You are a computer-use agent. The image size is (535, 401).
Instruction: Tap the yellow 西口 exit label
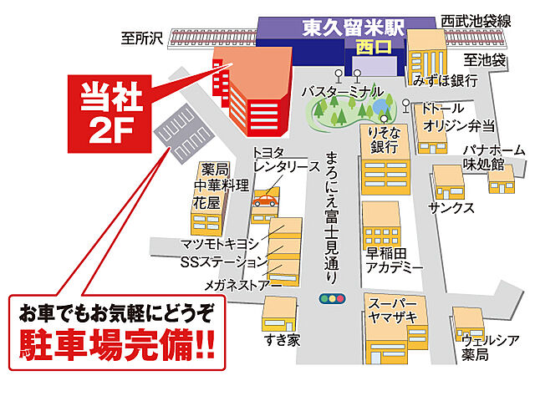(x=368, y=47)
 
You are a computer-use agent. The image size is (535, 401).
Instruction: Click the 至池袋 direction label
(x=484, y=60)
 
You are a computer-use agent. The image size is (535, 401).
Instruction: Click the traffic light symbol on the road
(x=333, y=298)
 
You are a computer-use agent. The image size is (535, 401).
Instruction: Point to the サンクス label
(x=452, y=207)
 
